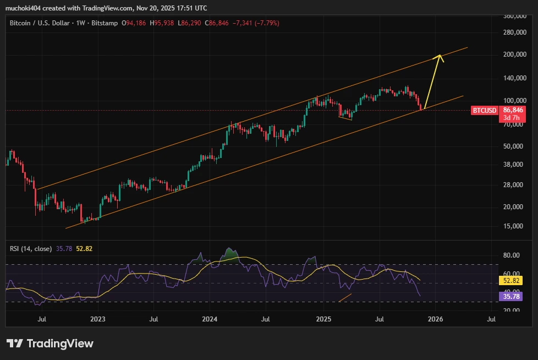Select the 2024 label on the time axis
click(210, 319)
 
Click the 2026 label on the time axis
click(436, 319)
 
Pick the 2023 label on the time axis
click(97, 319)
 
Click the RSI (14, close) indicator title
click(31, 249)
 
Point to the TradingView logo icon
click(14, 343)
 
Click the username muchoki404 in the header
click(26, 8)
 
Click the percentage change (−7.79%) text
click(266, 23)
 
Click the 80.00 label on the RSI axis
click(512, 255)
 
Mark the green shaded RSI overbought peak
click(228, 254)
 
